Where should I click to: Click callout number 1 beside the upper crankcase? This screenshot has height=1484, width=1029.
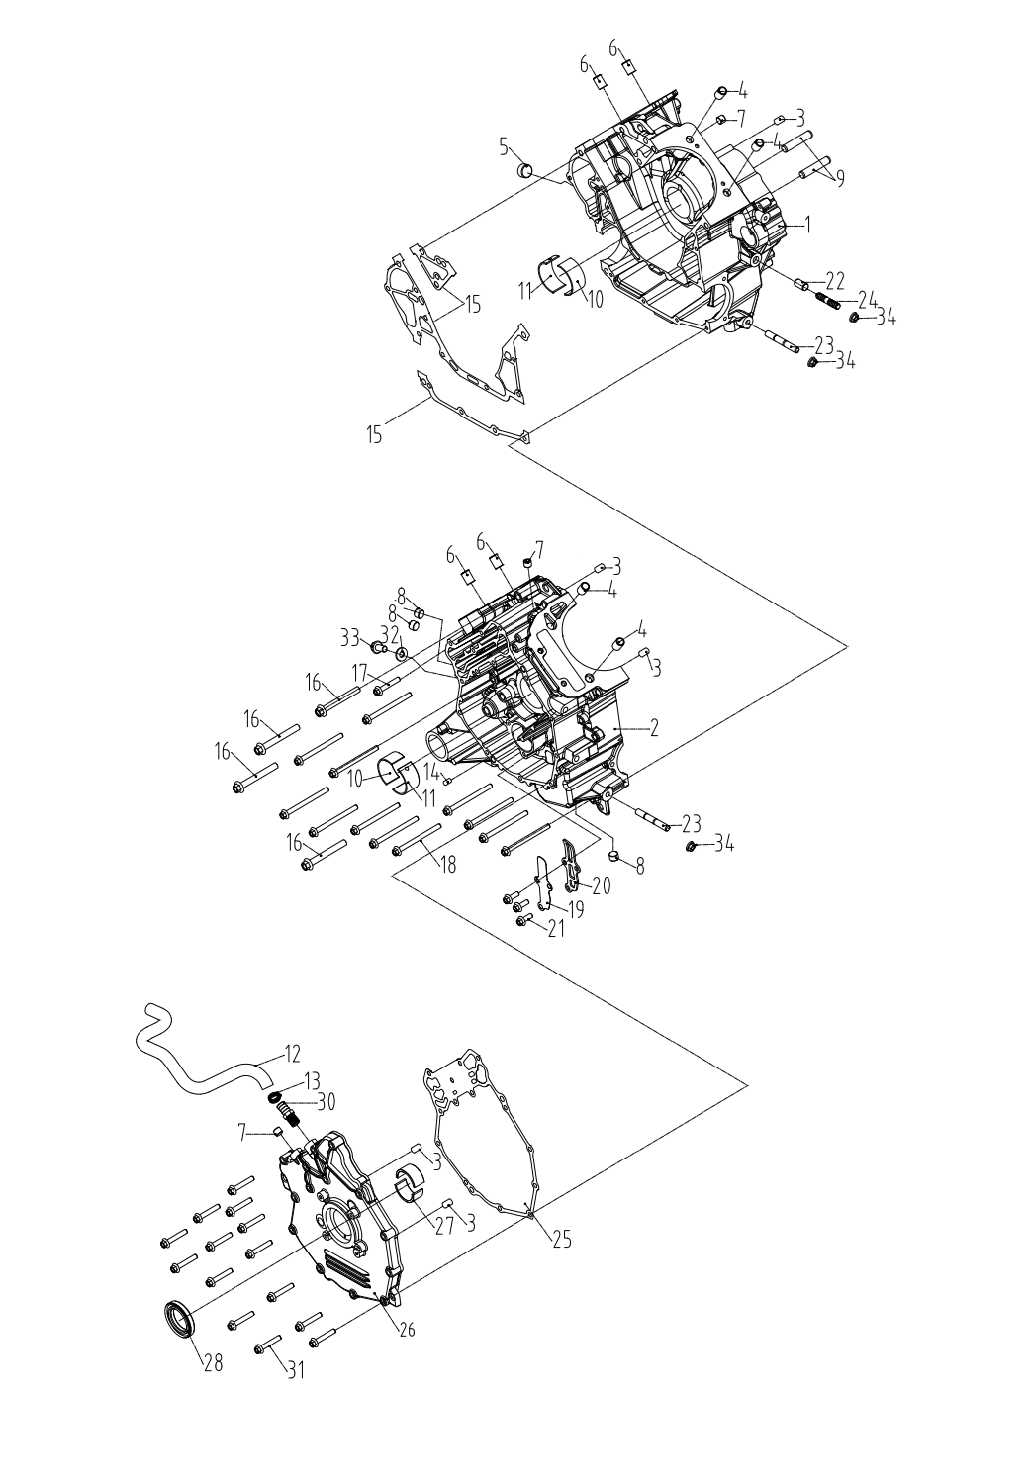[x=807, y=226]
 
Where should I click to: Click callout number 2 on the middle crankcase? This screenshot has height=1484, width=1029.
[x=653, y=729]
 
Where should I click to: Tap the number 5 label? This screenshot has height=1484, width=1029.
[x=504, y=148]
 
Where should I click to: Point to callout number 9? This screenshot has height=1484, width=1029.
[x=839, y=179]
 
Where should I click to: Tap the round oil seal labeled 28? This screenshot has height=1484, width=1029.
[x=178, y=1319]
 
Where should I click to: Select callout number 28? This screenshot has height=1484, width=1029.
[x=213, y=1363]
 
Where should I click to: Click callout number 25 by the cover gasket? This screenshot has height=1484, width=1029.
[x=561, y=1239]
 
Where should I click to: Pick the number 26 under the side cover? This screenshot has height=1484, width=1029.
[x=406, y=1330]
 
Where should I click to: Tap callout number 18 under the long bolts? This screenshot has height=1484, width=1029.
[x=448, y=865]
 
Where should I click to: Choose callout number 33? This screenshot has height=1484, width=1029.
[x=349, y=638]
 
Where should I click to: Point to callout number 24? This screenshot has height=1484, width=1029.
[x=868, y=298]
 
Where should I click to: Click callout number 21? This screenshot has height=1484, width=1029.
[x=556, y=929]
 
